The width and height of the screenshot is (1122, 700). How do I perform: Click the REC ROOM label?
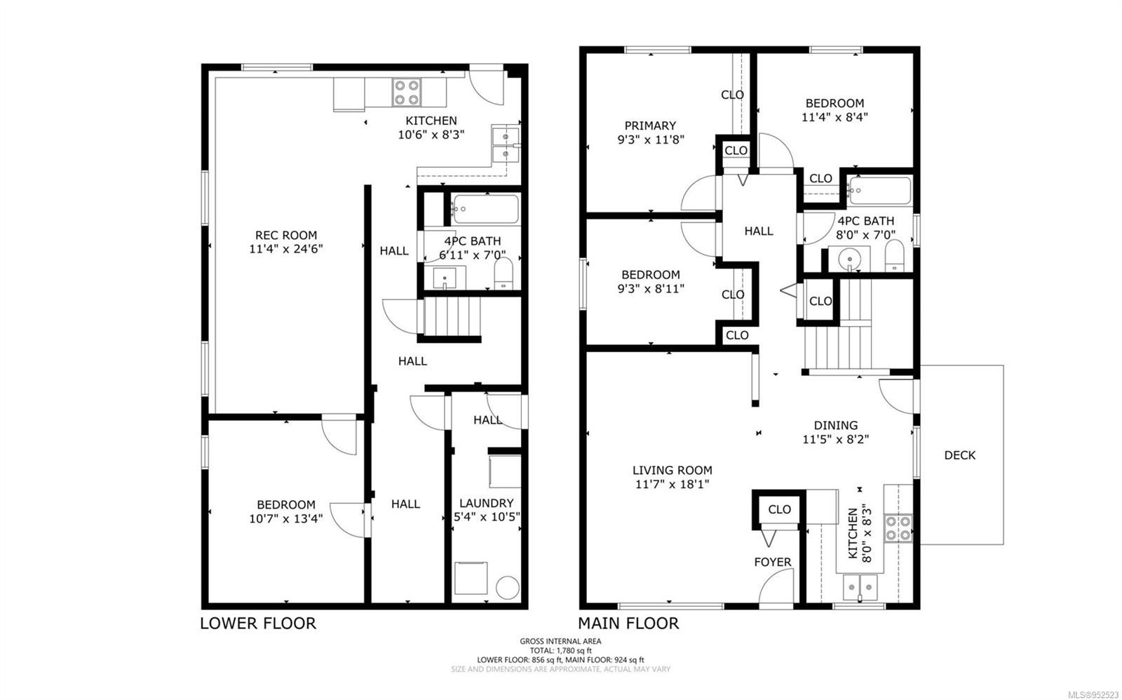[x=286, y=235]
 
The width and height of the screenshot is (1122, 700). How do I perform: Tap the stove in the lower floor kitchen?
[x=406, y=92]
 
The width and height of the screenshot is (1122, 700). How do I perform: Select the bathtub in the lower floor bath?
[x=485, y=209]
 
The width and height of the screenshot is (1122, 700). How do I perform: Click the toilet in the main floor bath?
[x=894, y=256]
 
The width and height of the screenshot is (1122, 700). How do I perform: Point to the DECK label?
[x=960, y=455]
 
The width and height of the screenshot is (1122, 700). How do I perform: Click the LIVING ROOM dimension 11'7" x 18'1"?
[x=672, y=484]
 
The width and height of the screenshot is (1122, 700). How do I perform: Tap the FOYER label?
[x=773, y=563]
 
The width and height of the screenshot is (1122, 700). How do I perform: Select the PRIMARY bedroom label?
[x=650, y=126]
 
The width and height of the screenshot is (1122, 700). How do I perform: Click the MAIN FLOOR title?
[x=628, y=624]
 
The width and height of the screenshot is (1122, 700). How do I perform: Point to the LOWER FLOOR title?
[x=258, y=624]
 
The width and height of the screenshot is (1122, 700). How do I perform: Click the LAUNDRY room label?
[x=487, y=503]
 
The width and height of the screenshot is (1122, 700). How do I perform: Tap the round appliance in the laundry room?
[x=508, y=588]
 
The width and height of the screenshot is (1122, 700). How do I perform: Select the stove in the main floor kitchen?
[x=898, y=528]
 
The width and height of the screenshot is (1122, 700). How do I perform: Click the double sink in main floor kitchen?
[x=860, y=587]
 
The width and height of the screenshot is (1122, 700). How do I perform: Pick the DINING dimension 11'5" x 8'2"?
[x=835, y=440]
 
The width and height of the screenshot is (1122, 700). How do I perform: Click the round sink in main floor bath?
[x=849, y=259]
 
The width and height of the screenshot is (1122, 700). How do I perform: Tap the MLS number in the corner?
[x=1094, y=695]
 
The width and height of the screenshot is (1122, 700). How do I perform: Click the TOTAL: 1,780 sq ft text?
[x=560, y=650]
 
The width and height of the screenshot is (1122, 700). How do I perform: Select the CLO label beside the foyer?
[x=779, y=510]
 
